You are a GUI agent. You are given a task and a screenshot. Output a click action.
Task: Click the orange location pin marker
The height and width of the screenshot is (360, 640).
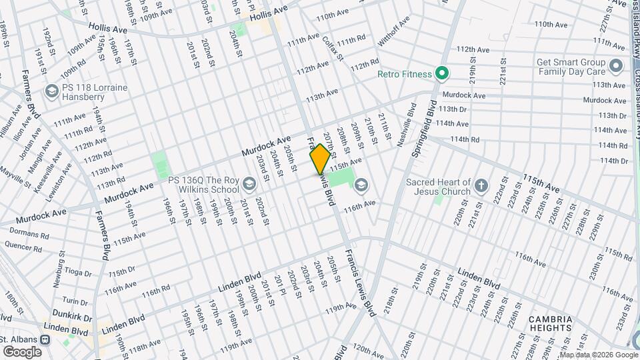(320, 159)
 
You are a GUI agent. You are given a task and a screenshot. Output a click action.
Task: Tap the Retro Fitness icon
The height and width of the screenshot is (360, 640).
(441, 73)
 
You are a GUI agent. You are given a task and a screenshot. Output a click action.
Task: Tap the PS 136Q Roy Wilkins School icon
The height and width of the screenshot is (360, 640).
(249, 183)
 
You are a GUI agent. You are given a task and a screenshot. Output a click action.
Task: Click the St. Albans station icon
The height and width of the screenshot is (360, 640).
(45, 339)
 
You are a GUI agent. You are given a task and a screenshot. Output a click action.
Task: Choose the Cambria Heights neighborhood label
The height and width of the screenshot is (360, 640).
(550, 323)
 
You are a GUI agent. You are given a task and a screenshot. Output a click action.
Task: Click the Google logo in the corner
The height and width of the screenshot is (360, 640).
(23, 351)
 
